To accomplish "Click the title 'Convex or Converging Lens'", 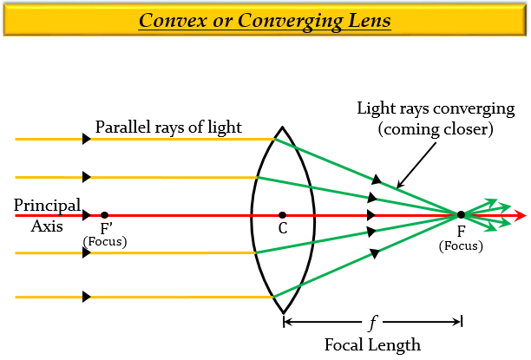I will coord(265,19).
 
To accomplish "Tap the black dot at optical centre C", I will coord(283,214).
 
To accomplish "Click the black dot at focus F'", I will coord(104,214).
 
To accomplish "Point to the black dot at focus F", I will coord(462,214).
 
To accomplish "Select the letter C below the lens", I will coord(283,230).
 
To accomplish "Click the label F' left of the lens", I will coord(106,229).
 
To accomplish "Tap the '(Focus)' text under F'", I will coord(105,241).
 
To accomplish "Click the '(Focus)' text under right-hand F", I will coord(462,246).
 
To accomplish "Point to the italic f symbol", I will coord(373,324).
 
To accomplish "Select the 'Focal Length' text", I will coord(373,344).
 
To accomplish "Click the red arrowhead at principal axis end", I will coord(520,214).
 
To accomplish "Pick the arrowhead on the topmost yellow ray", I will coord(87,139).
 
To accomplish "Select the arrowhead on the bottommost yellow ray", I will coord(87,297).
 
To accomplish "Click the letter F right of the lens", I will coord(462,232).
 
